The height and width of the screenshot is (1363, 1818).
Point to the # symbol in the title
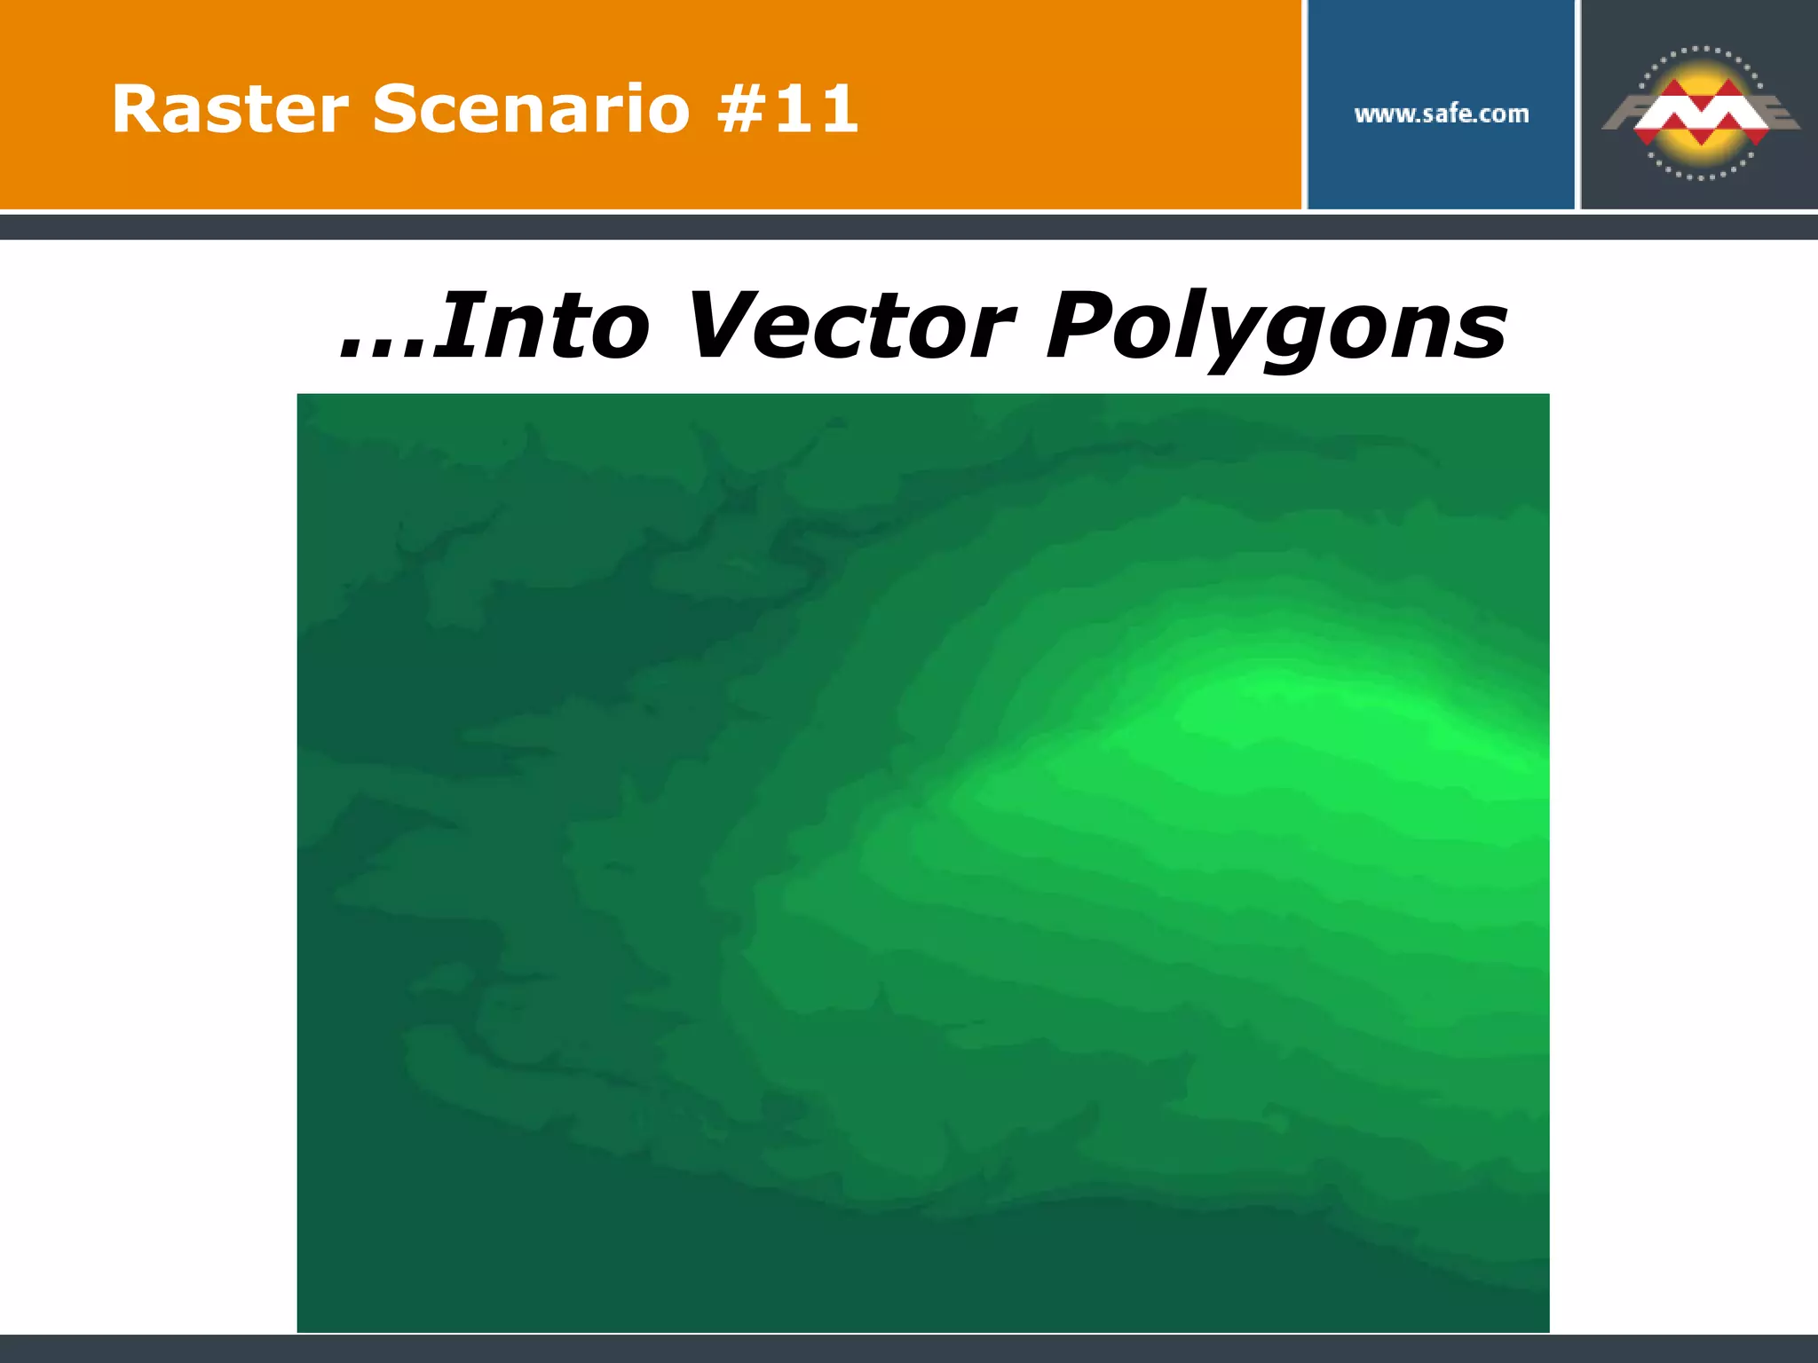(x=744, y=109)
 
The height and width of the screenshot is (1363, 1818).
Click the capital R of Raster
(x=133, y=109)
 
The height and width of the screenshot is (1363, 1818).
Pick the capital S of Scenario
(x=396, y=109)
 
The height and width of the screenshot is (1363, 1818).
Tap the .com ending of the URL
(x=1504, y=114)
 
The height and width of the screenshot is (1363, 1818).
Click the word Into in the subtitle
(x=543, y=327)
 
